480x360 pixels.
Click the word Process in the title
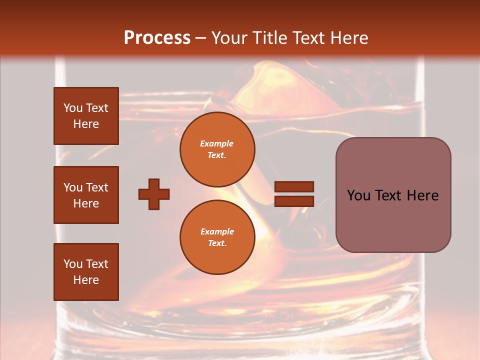click(157, 38)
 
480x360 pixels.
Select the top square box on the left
click(86, 116)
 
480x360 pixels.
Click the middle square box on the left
click(86, 195)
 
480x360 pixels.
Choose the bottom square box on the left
click(86, 272)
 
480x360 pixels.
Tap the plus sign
click(154, 194)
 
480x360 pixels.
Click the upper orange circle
click(217, 149)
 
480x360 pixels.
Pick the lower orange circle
click(217, 237)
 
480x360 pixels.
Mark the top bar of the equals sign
click(294, 187)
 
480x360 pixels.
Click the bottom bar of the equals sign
click(294, 201)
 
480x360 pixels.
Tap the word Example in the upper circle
click(217, 143)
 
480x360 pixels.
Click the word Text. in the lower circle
click(217, 243)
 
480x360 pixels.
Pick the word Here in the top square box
click(86, 124)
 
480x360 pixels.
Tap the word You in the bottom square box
click(72, 264)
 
